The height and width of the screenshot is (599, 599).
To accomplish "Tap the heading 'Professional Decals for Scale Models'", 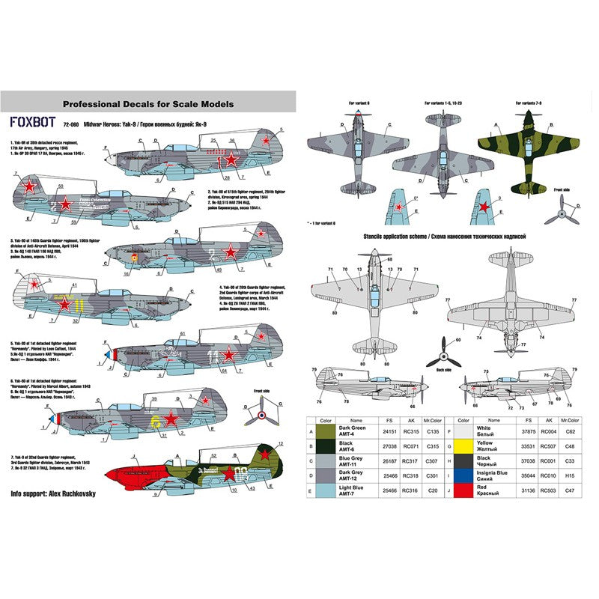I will [148, 104].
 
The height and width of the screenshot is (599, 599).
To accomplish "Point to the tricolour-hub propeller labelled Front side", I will [260, 410].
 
